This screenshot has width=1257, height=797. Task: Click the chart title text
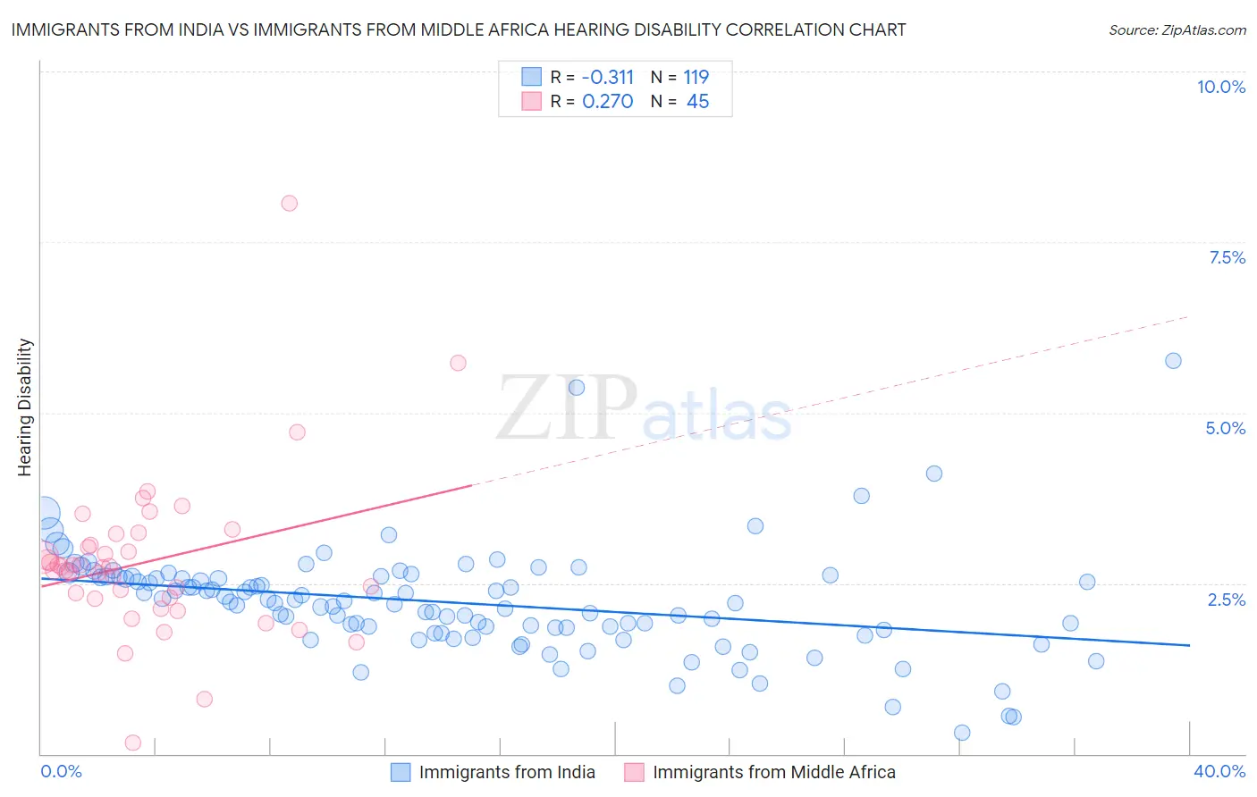pyautogui.click(x=458, y=29)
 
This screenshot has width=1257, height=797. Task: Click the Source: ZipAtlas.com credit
pyautogui.click(x=1177, y=29)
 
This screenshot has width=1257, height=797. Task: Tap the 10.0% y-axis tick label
pyautogui.click(x=1220, y=87)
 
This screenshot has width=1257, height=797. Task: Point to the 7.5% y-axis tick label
pyautogui.click(x=1227, y=257)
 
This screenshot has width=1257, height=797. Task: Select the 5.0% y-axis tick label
pyautogui.click(x=1225, y=428)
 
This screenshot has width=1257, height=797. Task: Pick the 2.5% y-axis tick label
pyautogui.click(x=1227, y=600)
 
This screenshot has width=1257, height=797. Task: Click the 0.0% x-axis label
pyautogui.click(x=62, y=771)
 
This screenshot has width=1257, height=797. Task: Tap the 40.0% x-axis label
pyautogui.click(x=1219, y=771)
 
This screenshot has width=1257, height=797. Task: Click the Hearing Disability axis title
pyautogui.click(x=25, y=407)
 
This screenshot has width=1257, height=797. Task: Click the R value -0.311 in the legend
pyautogui.click(x=607, y=77)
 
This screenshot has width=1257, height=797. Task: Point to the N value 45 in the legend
pyautogui.click(x=697, y=102)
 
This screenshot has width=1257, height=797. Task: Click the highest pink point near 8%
pyautogui.click(x=289, y=203)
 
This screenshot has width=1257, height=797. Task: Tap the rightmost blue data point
pyautogui.click(x=1173, y=360)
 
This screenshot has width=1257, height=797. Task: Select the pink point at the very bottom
pyautogui.click(x=133, y=742)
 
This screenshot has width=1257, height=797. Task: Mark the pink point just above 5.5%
pyautogui.click(x=458, y=363)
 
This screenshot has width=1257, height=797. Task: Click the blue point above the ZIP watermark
pyautogui.click(x=577, y=387)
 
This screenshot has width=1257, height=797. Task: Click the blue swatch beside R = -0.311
pyautogui.click(x=531, y=77)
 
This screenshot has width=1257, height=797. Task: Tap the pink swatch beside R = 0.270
pyautogui.click(x=531, y=101)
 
